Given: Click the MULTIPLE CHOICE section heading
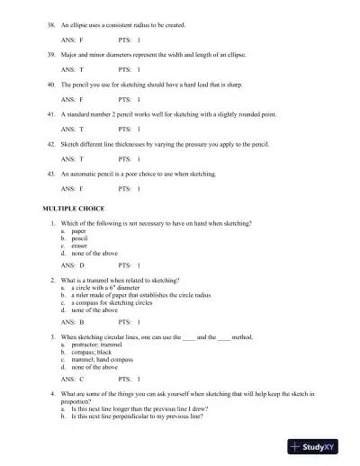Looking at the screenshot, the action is [x=73, y=208].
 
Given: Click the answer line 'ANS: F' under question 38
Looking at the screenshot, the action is [x=72, y=40].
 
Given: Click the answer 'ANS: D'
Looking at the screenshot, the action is [x=72, y=266].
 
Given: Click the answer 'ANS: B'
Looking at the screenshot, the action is [x=72, y=322].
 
